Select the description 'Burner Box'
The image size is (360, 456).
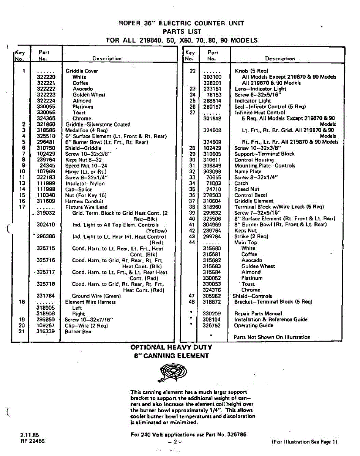tap(78, 331)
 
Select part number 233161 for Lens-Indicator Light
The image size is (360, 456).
tap(212, 89)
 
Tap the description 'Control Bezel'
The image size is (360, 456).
tap(251, 195)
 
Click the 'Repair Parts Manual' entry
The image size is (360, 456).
tap(258, 313)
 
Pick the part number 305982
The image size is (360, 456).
tap(212, 296)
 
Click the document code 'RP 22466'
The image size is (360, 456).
tap(33, 441)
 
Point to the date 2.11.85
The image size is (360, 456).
tap(30, 435)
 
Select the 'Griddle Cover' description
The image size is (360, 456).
tap(82, 71)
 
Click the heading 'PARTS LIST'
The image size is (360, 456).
tap(182, 32)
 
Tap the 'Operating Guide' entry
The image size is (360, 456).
tap(253, 325)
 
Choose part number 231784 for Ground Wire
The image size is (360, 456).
tap(46, 296)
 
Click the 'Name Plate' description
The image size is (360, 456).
tap(248, 171)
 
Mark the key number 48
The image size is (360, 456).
tap(192, 302)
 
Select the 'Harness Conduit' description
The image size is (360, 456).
tap(84, 201)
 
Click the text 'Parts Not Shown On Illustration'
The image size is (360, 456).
tap(272, 337)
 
